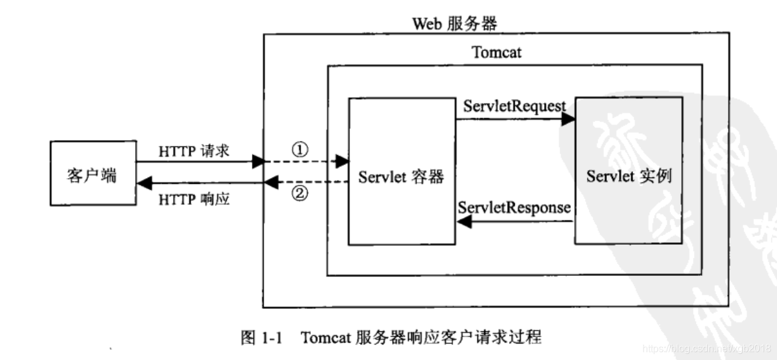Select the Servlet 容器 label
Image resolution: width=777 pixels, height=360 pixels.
point(401,177)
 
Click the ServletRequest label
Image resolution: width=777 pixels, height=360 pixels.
point(515,106)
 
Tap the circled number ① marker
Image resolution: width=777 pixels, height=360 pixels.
point(300,151)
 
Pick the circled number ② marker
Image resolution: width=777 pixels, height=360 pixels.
point(300,194)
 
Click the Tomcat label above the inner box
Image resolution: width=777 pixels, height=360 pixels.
point(497,52)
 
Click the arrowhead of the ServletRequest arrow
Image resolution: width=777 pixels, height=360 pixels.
point(568,120)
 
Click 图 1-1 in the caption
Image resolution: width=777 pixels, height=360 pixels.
point(261,338)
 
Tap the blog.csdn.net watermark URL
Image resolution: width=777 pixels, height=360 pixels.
point(707,349)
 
